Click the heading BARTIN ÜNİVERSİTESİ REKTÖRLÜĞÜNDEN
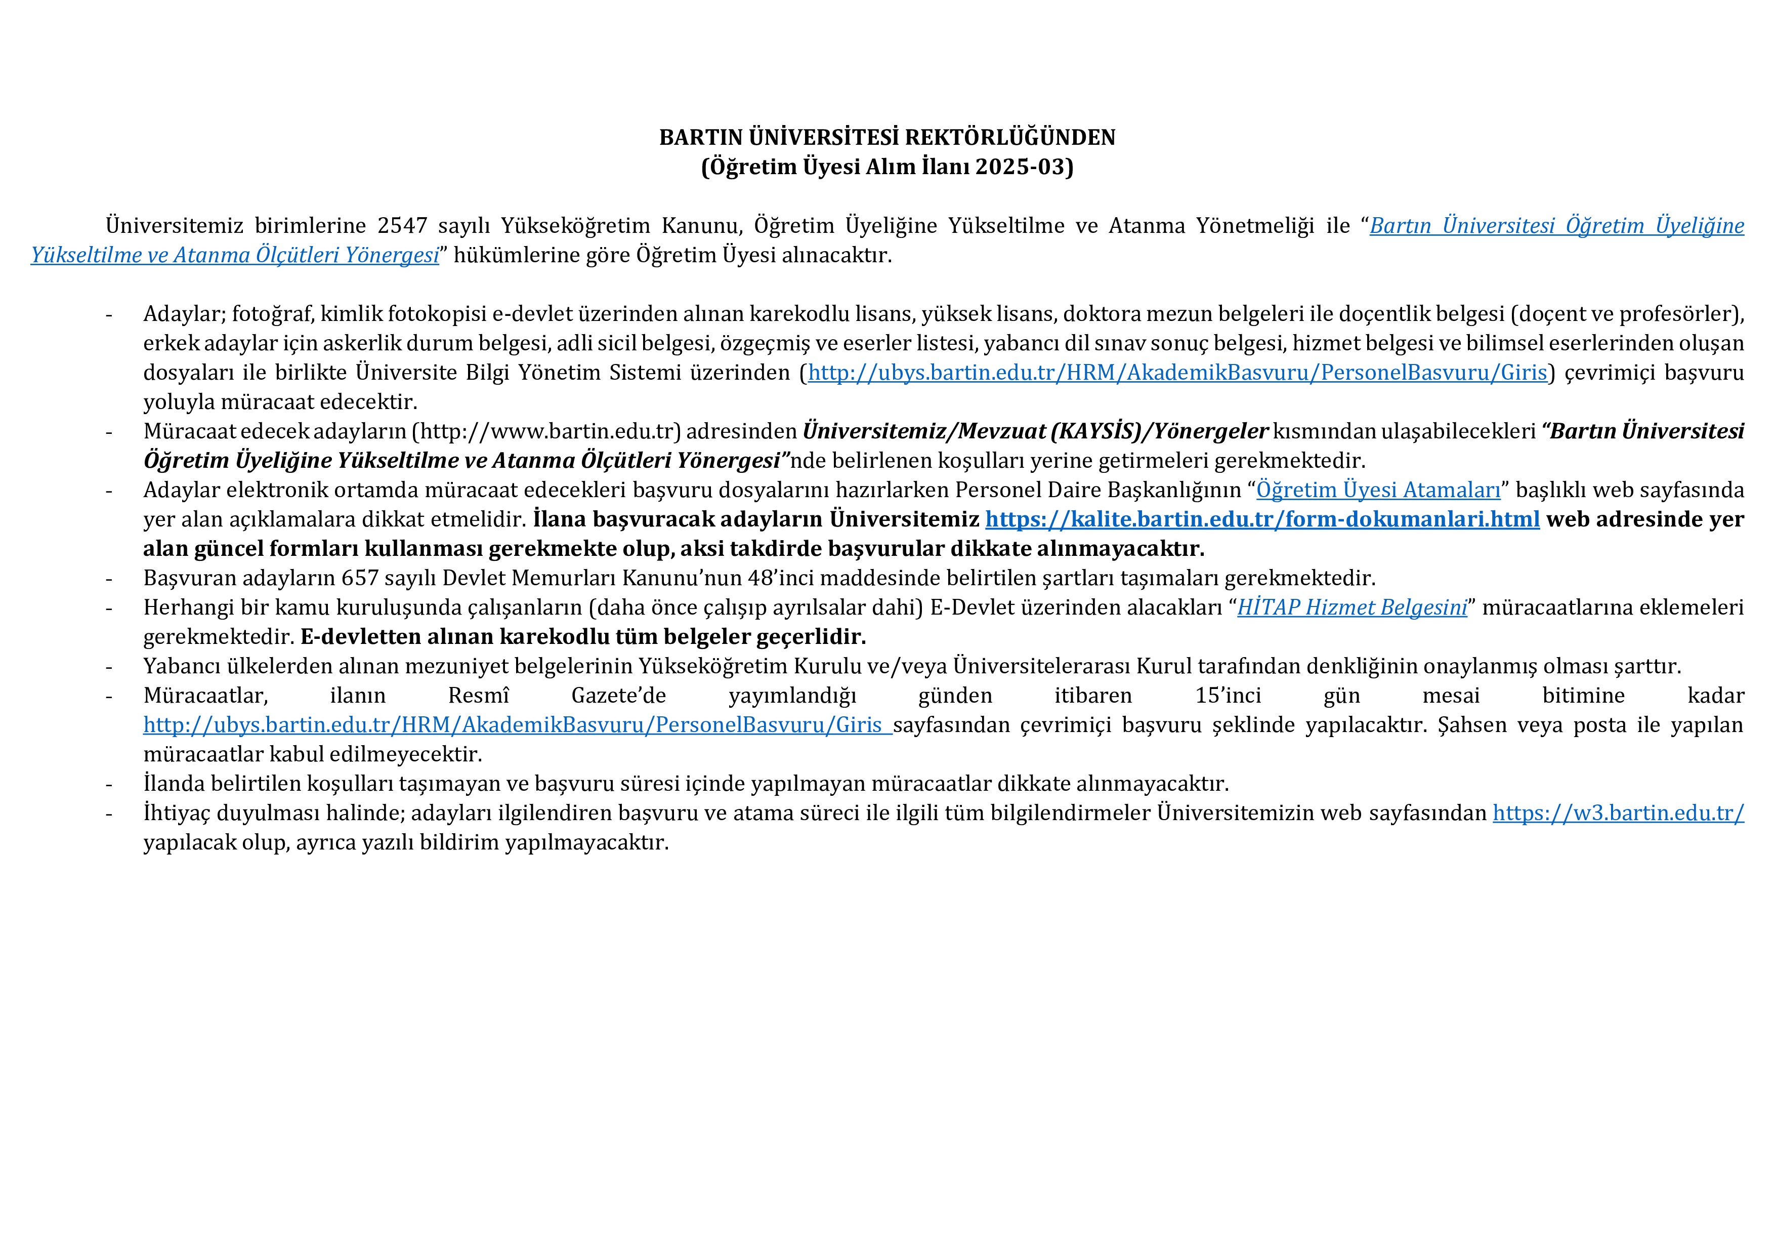(x=886, y=138)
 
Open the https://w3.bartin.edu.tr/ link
(x=1618, y=813)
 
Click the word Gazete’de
(x=618, y=695)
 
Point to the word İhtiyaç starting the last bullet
(x=176, y=813)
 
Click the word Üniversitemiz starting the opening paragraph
(x=174, y=226)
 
